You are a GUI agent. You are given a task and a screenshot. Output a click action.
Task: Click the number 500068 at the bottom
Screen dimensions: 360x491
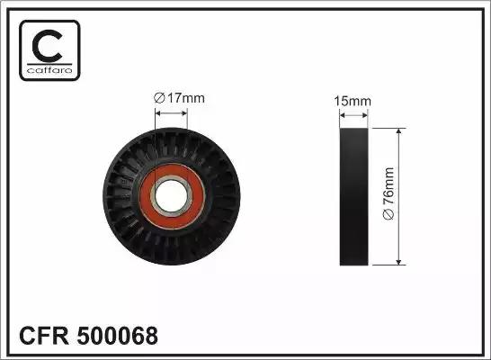121,337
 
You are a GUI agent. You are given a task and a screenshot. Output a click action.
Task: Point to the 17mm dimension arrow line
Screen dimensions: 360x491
171,113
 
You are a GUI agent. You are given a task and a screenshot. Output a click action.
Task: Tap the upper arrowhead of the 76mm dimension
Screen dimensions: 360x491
397,130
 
